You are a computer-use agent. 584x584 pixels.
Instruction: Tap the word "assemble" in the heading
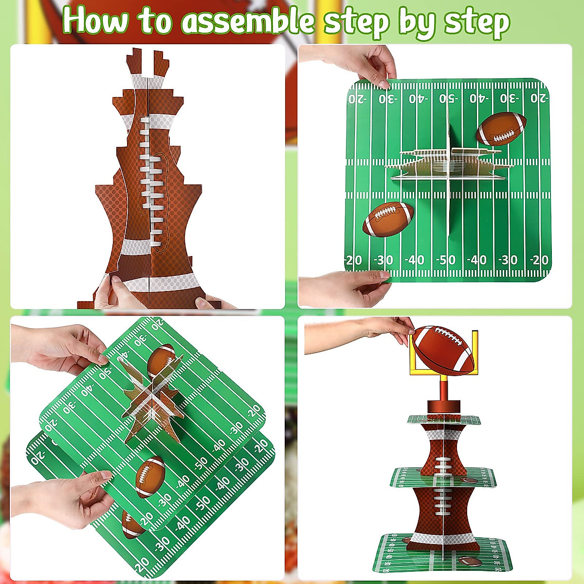pos(246,22)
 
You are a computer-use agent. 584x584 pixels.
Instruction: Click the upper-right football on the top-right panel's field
pos(501,128)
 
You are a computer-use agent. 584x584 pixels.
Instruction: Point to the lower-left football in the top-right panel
pos(388,219)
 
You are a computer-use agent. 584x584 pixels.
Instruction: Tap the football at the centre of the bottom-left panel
pos(149,477)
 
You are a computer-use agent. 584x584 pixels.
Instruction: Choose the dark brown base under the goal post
pos(443,407)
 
